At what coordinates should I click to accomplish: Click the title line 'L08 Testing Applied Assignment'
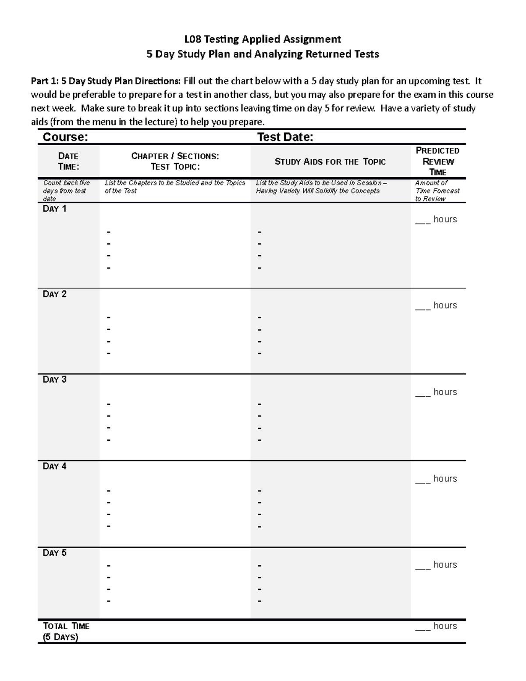pos(262,39)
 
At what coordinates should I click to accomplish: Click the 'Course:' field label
pos(65,137)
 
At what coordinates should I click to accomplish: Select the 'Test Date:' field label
pos(285,137)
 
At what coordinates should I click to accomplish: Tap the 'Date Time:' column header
pos(68,161)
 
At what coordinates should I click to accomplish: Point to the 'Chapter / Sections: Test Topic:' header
pos(175,161)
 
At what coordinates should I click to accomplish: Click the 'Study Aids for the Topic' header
pos(330,162)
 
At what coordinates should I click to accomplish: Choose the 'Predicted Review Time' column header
pos(437,161)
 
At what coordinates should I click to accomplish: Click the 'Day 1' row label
pos(54,209)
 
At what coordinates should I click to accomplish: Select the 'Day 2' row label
pos(54,294)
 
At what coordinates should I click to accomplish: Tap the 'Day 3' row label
pos(54,380)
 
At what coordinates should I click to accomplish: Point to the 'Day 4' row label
pos(54,467)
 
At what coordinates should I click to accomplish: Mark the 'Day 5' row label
pos(54,553)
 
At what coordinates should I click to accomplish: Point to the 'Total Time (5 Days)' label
pos(66,631)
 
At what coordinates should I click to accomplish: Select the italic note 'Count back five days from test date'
pos(66,191)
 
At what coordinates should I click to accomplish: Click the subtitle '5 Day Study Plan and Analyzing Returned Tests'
pos(262,54)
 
